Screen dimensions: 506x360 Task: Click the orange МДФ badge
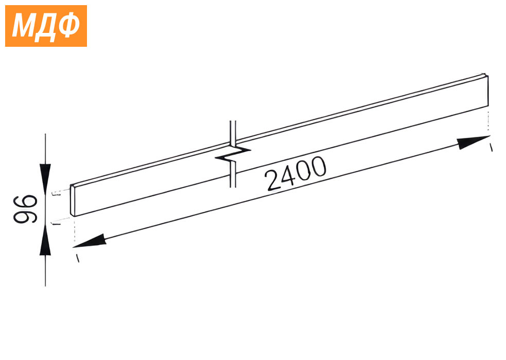pos(46,26)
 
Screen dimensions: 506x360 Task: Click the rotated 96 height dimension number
pos(25,209)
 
